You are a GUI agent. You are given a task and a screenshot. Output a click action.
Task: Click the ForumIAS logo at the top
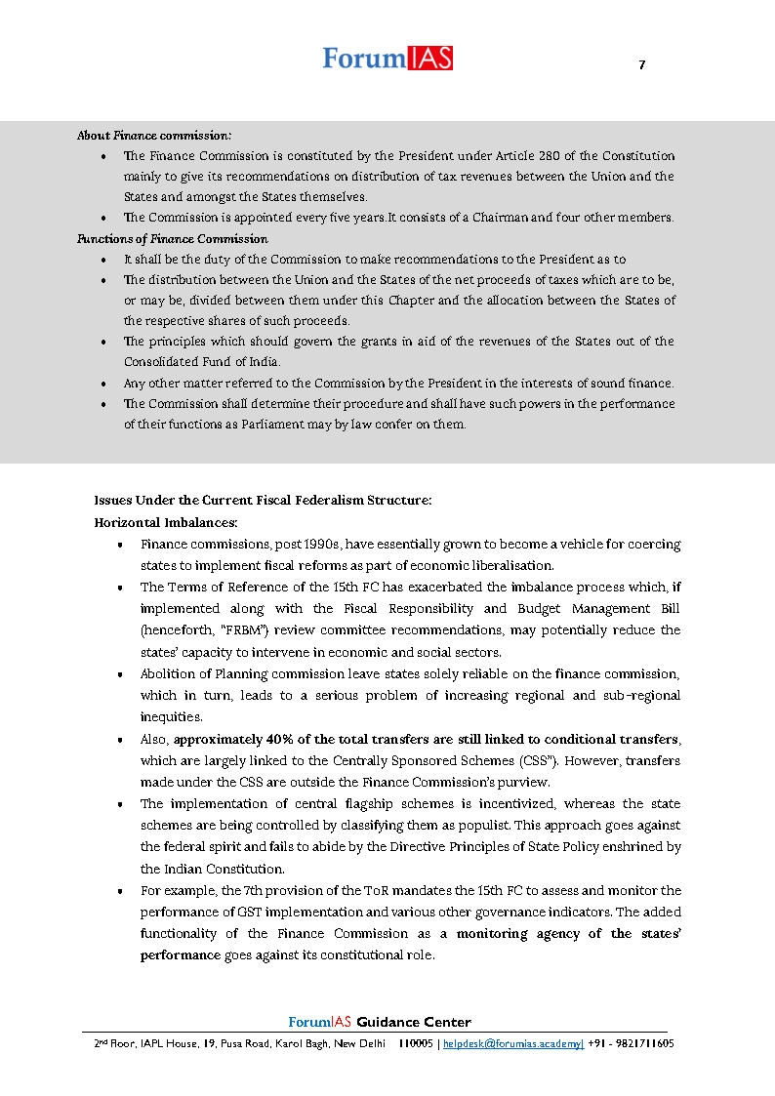coord(387,59)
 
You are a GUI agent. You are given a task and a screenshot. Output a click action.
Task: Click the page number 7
coord(641,65)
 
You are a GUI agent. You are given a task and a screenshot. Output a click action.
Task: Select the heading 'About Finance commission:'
coord(154,136)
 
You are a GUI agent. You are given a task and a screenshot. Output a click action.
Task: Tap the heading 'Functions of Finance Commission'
coord(173,239)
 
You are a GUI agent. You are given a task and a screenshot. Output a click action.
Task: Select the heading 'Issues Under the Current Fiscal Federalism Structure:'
coord(263,500)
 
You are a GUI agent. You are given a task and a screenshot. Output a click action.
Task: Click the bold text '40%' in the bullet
coord(267,739)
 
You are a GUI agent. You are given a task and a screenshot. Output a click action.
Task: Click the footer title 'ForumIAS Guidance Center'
coord(380,1022)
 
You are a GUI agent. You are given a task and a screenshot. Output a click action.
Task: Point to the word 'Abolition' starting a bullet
coord(167,674)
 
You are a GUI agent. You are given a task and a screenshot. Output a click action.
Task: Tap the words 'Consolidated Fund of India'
coord(201,362)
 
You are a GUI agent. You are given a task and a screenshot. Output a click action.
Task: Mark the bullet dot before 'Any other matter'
coord(103,384)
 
